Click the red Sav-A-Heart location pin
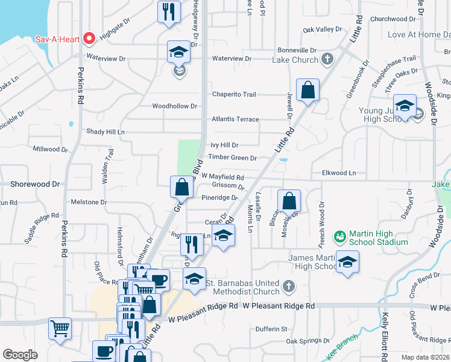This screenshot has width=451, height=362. tap(89, 39)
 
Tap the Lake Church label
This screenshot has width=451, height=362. tap(295, 60)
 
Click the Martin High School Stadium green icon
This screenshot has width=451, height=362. tap(341, 235)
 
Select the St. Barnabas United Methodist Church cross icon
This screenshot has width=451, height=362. tap(289, 285)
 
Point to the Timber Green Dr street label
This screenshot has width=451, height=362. tap(233, 157)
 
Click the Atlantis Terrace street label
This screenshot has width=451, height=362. tap(235, 119)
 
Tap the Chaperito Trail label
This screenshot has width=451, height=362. tap(234, 94)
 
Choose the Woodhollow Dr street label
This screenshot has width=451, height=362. tap(175, 106)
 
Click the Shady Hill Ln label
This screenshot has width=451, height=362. tap(105, 132)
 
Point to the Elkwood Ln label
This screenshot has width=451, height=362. tap(339, 173)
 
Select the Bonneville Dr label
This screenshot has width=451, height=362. tap(297, 50)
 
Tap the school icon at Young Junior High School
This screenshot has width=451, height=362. tap(405, 105)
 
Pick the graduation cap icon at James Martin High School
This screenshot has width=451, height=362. tap(347, 262)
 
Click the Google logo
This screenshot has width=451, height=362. tap(20, 355)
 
